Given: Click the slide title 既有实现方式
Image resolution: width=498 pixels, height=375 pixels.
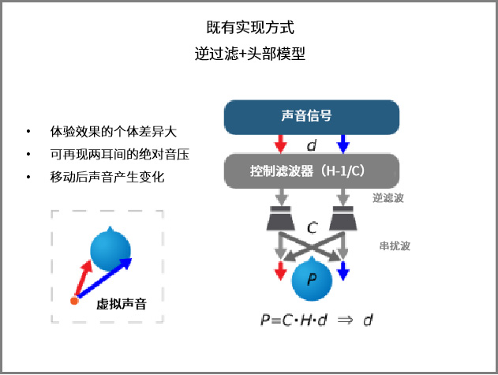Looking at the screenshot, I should point(249,28).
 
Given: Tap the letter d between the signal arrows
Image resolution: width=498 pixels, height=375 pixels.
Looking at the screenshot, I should point(312,145).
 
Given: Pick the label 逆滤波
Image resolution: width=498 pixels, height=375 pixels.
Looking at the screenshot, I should point(388,198).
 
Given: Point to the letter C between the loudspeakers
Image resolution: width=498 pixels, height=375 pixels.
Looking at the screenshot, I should point(312,229).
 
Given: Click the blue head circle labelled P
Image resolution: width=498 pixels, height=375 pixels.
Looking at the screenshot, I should point(312,279).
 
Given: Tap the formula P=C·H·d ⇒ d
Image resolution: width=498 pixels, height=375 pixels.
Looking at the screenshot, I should point(316,320).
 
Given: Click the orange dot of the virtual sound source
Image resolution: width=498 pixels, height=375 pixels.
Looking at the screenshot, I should point(74,301).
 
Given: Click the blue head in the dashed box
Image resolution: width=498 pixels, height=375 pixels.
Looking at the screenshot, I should point(110,249).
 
